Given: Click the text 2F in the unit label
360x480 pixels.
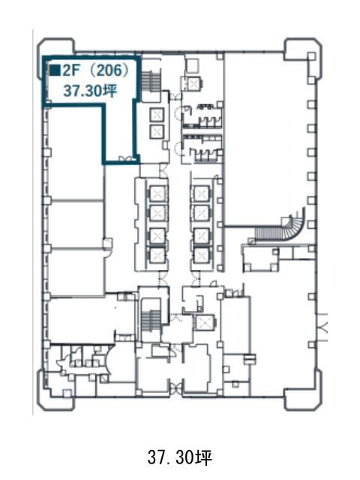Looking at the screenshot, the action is click(x=71, y=70).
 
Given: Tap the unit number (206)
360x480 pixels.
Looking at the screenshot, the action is click(x=108, y=70).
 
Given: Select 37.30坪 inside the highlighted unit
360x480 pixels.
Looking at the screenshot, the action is click(x=90, y=91).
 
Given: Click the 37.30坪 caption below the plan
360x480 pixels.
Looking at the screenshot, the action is click(x=180, y=457).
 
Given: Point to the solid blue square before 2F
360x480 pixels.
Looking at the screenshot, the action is click(x=55, y=70).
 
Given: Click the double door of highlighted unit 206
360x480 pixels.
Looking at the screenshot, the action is click(x=126, y=158).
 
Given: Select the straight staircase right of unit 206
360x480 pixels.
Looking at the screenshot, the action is click(x=151, y=82).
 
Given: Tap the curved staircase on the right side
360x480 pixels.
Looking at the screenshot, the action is click(x=280, y=226).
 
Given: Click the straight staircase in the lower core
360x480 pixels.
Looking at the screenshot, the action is click(x=151, y=320).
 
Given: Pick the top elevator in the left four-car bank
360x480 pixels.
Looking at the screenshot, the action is click(x=157, y=193).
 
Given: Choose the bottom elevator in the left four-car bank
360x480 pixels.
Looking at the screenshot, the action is click(x=157, y=255).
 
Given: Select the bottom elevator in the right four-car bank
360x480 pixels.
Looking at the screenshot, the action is click(x=201, y=255).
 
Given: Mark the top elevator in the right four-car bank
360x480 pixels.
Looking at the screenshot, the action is click(x=201, y=193).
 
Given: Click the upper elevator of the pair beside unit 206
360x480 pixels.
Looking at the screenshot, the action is click(x=157, y=115).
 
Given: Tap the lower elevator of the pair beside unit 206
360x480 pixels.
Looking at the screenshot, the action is click(x=157, y=132).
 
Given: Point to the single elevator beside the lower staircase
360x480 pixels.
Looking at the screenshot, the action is click(x=203, y=322).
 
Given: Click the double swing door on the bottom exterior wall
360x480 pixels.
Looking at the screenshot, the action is click(x=175, y=389).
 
